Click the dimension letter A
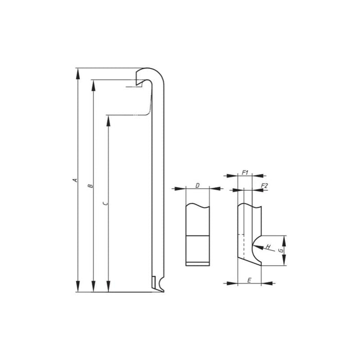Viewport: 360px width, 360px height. [x=75, y=181]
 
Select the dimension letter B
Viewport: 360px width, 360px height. [x=90, y=185]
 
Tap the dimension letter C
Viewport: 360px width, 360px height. [x=105, y=204]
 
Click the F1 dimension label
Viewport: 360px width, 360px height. [x=245, y=172]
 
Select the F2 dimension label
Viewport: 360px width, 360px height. [x=264, y=185]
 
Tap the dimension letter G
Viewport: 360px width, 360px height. [x=280, y=250]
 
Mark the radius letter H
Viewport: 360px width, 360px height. [x=267, y=247]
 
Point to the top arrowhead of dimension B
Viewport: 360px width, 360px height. [x=93, y=84]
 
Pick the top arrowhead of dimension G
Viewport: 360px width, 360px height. [x=284, y=240]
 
